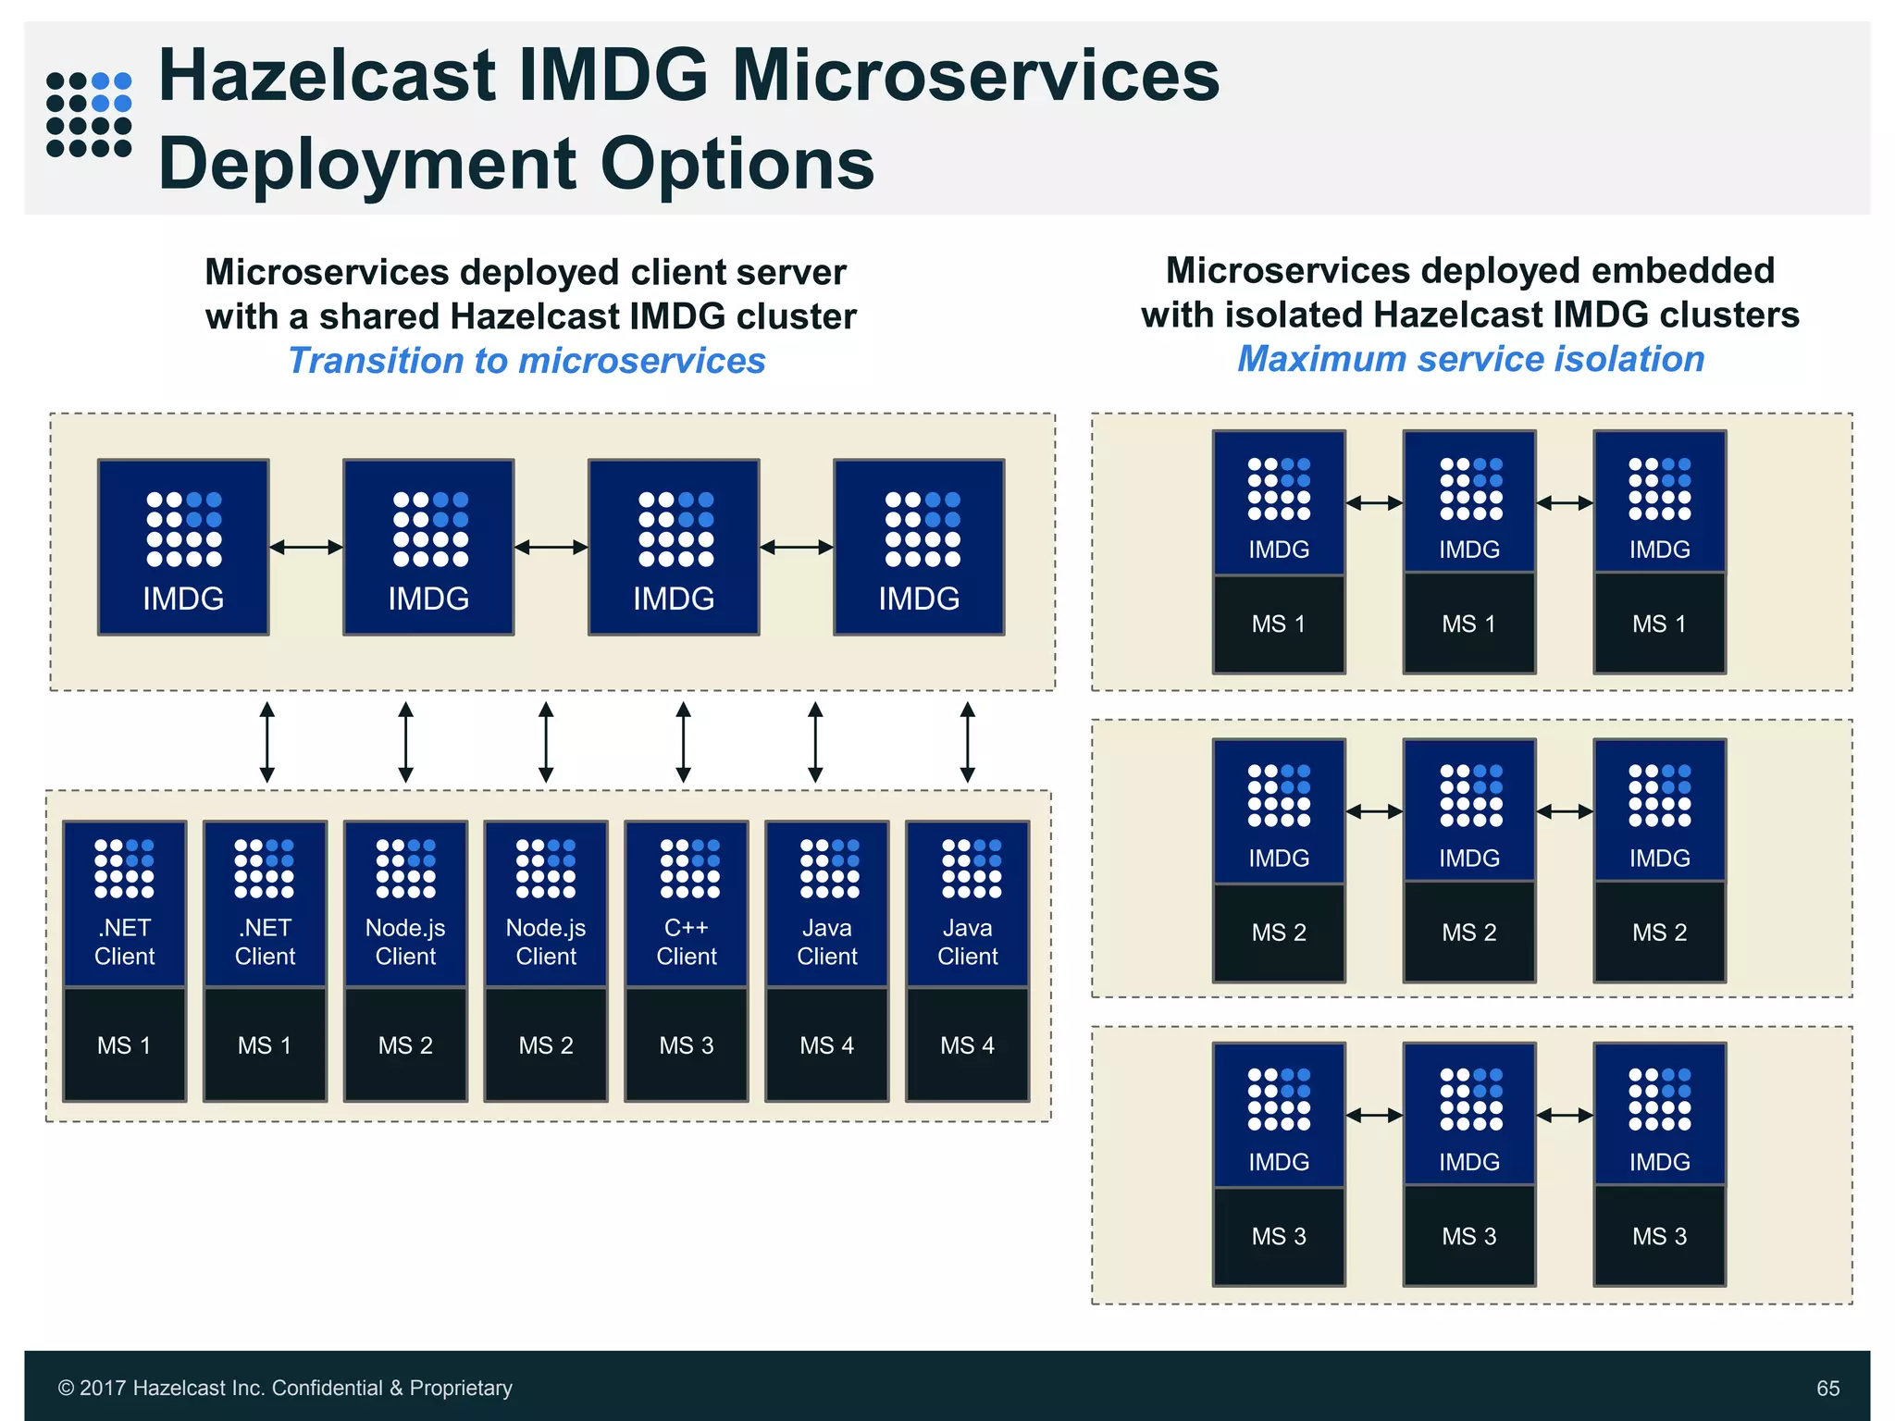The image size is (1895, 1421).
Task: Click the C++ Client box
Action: coord(687,904)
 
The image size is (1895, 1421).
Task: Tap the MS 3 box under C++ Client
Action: coord(687,1045)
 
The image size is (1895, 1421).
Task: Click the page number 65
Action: coord(1827,1388)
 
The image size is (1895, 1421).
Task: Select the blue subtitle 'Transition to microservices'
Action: coord(526,361)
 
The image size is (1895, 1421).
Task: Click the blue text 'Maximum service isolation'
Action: coord(1470,359)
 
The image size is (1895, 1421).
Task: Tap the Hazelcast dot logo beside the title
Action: coord(89,115)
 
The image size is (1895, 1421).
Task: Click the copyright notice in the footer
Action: coord(285,1388)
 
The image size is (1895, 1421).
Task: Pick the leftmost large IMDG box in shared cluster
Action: coord(183,547)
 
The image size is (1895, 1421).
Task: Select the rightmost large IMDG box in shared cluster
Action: coord(919,547)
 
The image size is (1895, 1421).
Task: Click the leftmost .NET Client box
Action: coord(125,904)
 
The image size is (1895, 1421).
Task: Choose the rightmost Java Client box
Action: coord(968,904)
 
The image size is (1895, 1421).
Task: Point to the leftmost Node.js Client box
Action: coord(405,904)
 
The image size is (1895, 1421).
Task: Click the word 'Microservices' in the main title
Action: coord(976,76)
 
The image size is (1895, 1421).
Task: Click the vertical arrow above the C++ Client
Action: coord(684,742)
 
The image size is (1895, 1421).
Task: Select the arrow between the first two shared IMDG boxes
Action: coord(306,548)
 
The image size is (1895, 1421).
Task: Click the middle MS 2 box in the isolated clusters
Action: coord(1469,933)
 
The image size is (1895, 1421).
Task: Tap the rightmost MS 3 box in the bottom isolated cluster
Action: coord(1660,1236)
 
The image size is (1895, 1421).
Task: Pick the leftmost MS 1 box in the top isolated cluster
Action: coord(1279,624)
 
